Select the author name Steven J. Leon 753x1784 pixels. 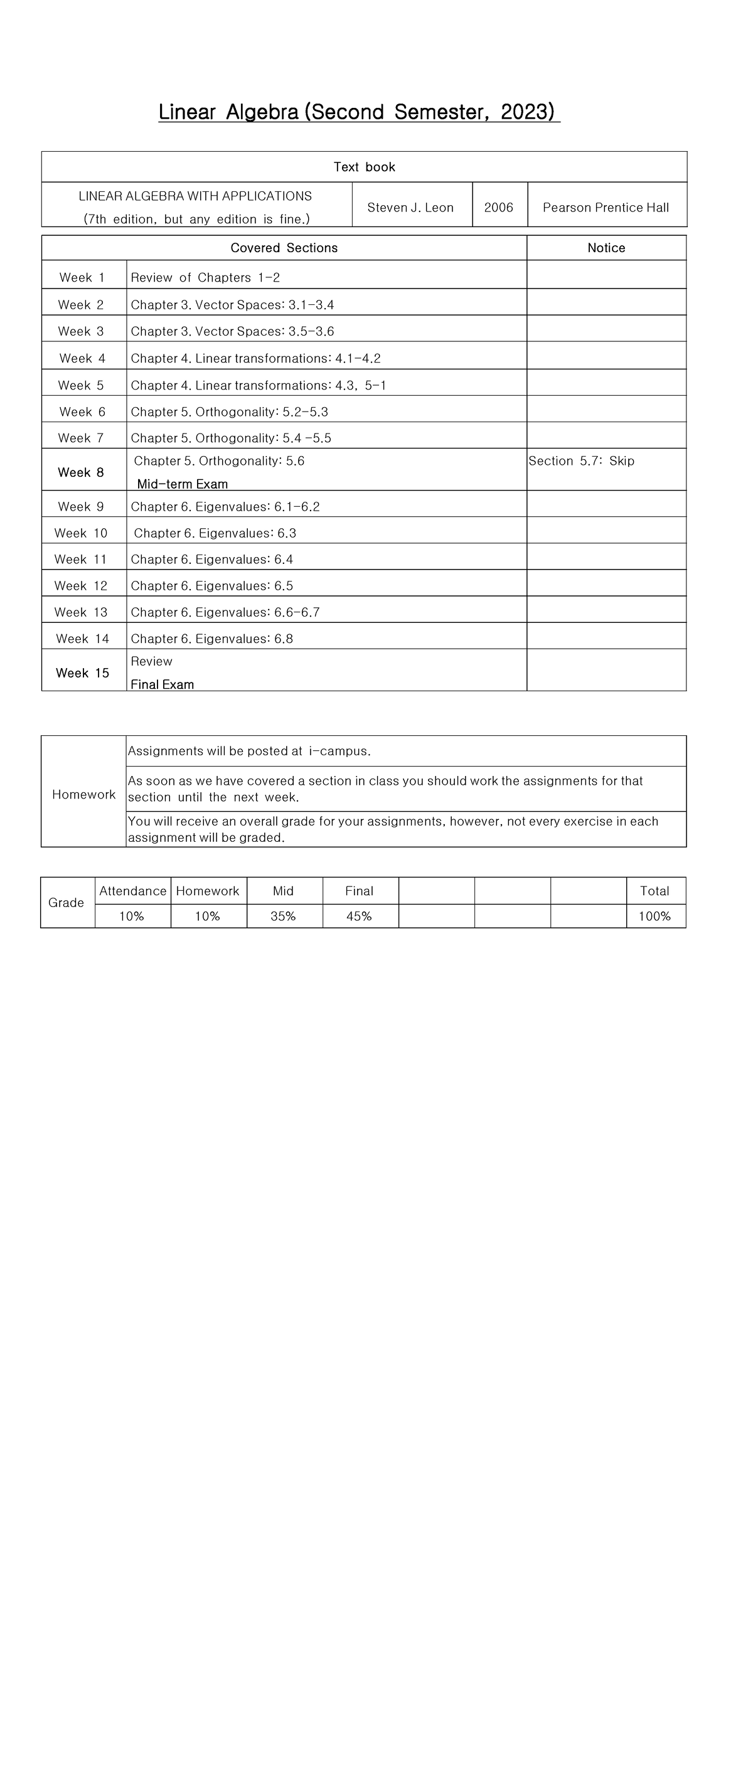pos(410,207)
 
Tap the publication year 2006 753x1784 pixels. pos(499,207)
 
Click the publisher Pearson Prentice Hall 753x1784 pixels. pos(606,207)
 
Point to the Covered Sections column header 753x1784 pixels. pos(284,248)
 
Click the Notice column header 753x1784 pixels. pos(606,248)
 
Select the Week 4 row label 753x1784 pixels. pos(82,358)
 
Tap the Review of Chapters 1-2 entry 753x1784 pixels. pos(205,278)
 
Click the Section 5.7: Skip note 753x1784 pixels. pos(581,461)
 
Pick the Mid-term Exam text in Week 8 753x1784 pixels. pos(182,484)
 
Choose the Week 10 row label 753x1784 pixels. pos(81,533)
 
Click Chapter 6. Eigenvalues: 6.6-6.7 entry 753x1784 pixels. pos(225,612)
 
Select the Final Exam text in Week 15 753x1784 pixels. pos(162,684)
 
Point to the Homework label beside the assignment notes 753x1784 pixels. pos(84,794)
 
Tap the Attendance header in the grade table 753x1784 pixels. pos(133,891)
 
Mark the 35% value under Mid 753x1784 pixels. pos(284,916)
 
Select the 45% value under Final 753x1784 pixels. pos(359,916)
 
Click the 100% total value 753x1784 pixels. pos(654,916)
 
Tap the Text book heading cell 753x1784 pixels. pos(365,167)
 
